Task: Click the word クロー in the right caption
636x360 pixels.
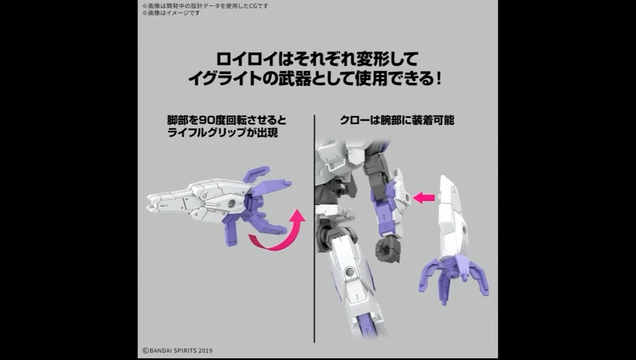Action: click(x=353, y=120)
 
